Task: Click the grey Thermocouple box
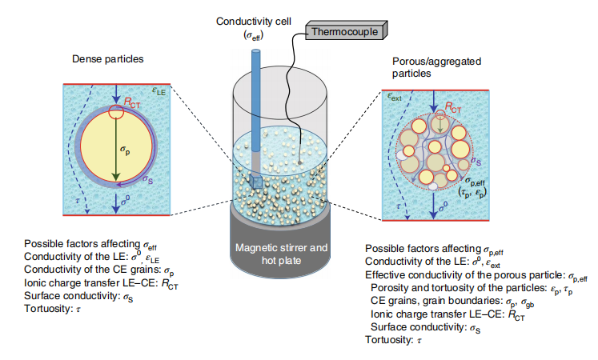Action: coord(345,31)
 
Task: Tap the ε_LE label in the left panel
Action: coord(158,93)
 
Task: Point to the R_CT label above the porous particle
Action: coord(452,105)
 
